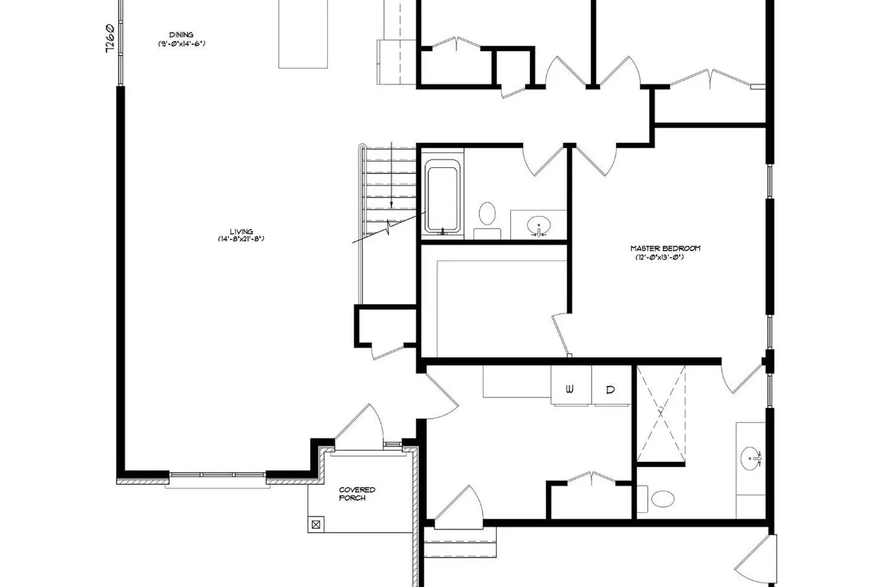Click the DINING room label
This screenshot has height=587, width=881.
(181, 35)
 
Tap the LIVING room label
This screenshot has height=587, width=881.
(241, 232)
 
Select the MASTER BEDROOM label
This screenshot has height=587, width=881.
(665, 248)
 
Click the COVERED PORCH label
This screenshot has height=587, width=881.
(357, 494)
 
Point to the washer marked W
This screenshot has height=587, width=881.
(571, 385)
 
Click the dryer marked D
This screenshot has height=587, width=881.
(611, 385)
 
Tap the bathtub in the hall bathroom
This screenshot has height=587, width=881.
(442, 196)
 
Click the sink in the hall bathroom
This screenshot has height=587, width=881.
(539, 225)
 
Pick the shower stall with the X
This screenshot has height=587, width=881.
(661, 414)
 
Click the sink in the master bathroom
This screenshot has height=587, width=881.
(751, 458)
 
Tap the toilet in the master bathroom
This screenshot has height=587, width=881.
(656, 498)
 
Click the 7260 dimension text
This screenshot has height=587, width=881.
(110, 38)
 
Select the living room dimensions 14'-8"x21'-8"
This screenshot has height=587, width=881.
(241, 239)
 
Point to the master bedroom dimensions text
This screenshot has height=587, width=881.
(660, 258)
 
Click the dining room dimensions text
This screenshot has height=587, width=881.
(181, 43)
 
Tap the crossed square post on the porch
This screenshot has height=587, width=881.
(316, 524)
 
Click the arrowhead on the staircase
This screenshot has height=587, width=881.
(391, 205)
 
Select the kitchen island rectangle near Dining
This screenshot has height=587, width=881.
(303, 34)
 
